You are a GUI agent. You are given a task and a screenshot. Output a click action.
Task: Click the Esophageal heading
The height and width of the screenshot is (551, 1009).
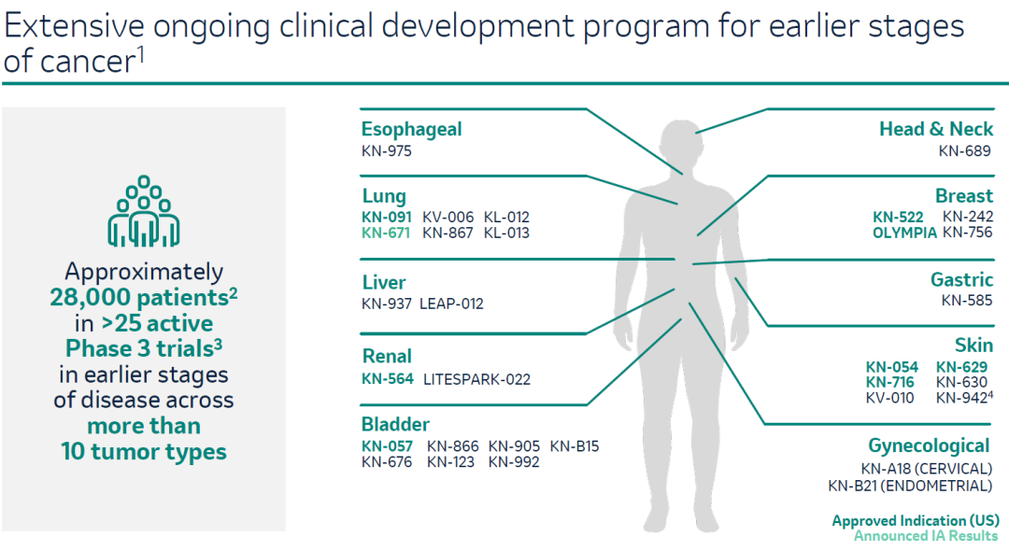(411, 130)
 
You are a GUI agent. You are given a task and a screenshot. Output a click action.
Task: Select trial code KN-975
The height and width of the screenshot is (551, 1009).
(386, 151)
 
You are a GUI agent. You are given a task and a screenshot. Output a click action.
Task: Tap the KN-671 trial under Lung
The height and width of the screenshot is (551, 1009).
(386, 233)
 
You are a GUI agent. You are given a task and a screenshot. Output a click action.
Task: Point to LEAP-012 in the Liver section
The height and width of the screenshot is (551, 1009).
(451, 304)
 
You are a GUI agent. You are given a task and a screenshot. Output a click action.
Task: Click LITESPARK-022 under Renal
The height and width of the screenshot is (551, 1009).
(476, 379)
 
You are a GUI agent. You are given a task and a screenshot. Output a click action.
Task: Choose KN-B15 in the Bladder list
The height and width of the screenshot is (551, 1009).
(574, 446)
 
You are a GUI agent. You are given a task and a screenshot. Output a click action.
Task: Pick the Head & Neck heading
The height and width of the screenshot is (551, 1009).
(935, 129)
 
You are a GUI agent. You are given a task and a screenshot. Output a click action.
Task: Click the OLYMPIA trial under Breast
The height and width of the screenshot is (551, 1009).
(904, 233)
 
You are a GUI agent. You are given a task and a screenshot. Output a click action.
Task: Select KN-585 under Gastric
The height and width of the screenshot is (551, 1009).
(967, 301)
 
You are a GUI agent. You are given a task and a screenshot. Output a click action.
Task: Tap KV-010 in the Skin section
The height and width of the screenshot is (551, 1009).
(889, 398)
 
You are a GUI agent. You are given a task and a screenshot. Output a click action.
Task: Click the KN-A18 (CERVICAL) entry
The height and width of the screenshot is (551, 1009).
(926, 469)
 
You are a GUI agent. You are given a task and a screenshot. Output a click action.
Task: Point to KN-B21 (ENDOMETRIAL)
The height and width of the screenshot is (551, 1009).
(910, 486)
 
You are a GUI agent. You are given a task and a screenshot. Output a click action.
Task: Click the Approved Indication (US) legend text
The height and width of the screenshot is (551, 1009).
(915, 521)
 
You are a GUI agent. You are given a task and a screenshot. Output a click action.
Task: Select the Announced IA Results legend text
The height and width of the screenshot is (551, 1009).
(926, 535)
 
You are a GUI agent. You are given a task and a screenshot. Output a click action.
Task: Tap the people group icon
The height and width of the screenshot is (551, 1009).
(144, 211)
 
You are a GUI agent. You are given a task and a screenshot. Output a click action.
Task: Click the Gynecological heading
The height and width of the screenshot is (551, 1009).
(929, 446)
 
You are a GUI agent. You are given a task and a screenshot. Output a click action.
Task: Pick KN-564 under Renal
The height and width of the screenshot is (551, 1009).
(387, 379)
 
